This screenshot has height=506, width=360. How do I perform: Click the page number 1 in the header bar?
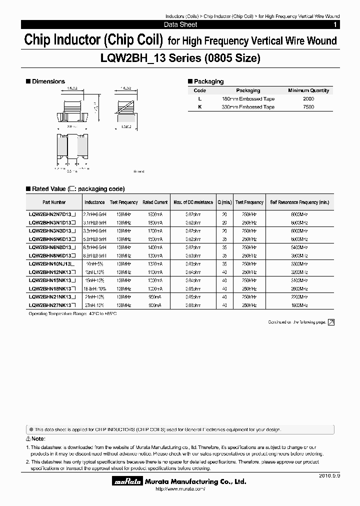click(335, 24)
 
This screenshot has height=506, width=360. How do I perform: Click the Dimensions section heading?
click(48, 81)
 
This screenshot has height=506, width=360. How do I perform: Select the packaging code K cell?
click(199, 107)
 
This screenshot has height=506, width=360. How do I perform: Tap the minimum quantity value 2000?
click(308, 99)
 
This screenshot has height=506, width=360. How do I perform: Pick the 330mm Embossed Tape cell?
click(248, 107)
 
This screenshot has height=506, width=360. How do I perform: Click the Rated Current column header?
click(155, 202)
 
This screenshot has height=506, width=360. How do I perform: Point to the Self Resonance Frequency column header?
click(299, 202)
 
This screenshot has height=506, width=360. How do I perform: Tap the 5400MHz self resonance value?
click(300, 247)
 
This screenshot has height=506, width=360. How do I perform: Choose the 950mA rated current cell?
click(155, 296)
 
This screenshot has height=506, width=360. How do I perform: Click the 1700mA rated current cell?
click(155, 230)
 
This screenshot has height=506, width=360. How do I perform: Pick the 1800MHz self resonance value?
click(300, 305)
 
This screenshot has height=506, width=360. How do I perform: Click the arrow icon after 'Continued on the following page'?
click(331, 322)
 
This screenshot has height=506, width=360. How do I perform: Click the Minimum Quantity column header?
click(308, 90)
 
